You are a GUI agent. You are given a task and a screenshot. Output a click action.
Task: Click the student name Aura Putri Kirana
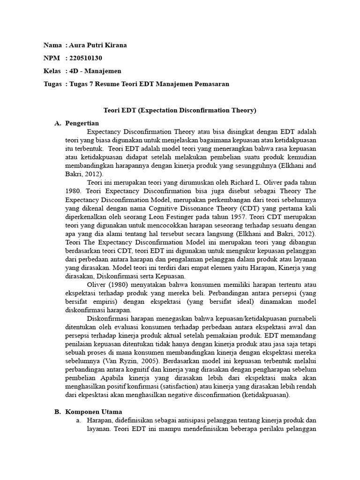coord(98,45)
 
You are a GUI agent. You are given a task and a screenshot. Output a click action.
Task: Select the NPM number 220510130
coord(85,58)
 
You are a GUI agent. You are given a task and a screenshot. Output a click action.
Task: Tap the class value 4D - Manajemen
coord(95,71)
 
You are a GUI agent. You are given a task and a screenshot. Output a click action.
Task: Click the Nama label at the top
coord(52,45)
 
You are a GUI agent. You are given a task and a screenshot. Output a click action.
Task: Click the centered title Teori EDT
coord(180,111)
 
